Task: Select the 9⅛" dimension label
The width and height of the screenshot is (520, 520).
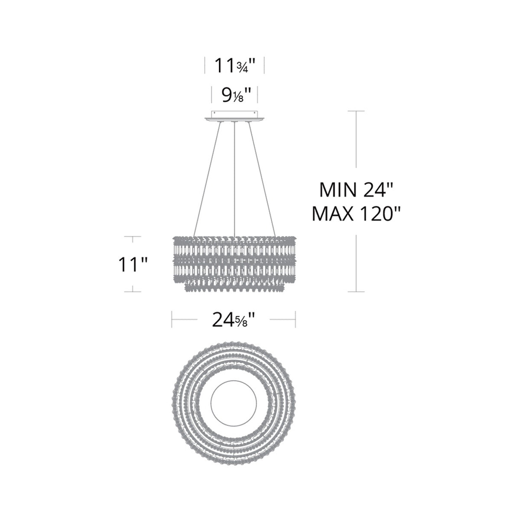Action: [234, 94]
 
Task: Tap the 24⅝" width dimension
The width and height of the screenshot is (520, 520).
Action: [233, 320]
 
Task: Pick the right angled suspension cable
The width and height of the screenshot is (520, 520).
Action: [261, 178]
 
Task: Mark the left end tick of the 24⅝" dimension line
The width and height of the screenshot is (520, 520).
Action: [172, 320]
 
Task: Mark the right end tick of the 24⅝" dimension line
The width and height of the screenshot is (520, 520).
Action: [296, 320]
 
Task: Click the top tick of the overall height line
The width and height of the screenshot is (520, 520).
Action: [356, 111]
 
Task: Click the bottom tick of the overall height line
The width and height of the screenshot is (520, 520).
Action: [356, 292]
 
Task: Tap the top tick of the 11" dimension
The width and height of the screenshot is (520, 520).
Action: [133, 237]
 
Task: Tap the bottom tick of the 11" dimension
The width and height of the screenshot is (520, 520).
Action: [133, 292]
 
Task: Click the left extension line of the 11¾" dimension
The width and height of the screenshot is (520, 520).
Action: [205, 67]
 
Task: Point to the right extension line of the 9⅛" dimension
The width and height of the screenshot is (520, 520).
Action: [258, 94]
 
